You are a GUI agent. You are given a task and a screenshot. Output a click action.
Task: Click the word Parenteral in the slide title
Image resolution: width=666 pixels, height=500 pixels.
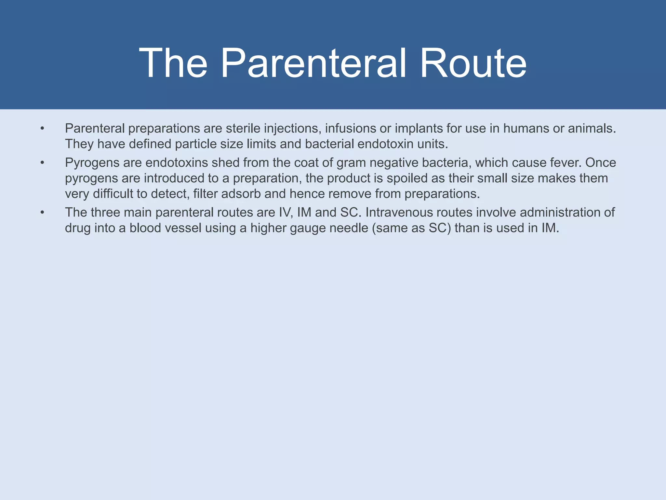(x=313, y=63)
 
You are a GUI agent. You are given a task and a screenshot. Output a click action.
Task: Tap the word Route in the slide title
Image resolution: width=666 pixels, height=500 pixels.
(x=473, y=63)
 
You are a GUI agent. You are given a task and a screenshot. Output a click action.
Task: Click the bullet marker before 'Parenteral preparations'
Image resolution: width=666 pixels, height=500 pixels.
(x=42, y=129)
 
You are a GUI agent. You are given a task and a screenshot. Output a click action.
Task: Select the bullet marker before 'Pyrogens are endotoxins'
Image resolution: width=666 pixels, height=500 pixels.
(x=42, y=163)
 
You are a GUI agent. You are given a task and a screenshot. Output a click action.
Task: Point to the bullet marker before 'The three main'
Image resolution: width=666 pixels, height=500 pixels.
(x=42, y=213)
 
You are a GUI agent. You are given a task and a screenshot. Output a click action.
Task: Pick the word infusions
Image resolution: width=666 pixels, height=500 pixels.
(x=350, y=129)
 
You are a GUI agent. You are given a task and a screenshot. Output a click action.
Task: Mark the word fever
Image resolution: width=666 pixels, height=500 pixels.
(x=566, y=163)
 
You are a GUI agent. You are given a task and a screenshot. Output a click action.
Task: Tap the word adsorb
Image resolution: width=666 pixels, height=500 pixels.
(x=241, y=194)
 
